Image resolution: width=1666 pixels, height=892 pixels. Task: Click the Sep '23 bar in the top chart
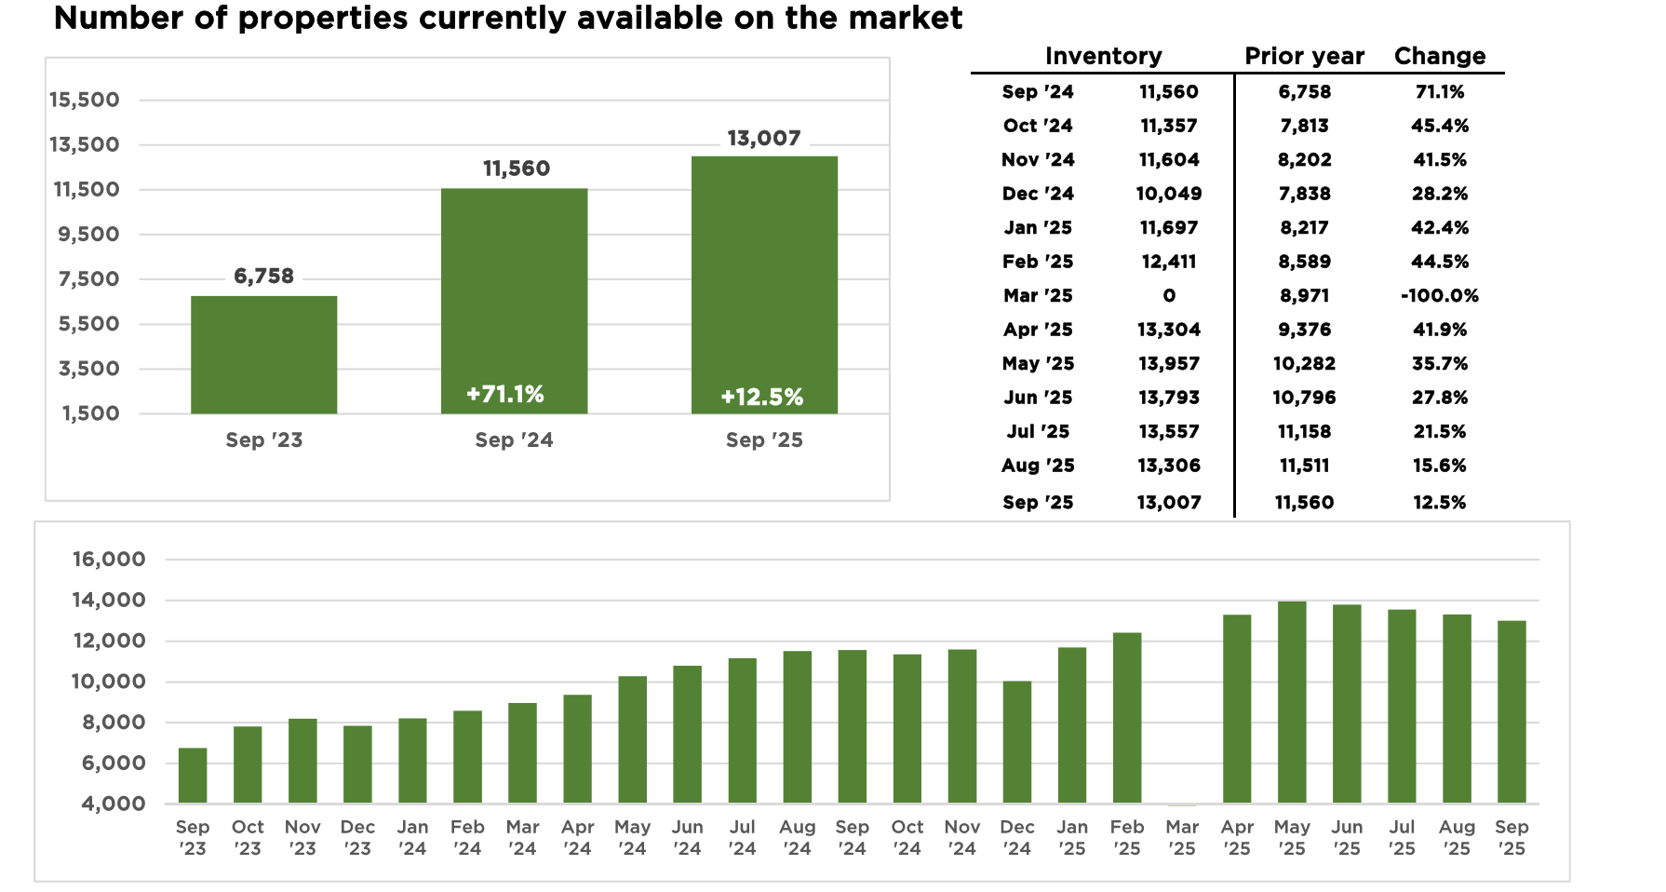[x=264, y=355]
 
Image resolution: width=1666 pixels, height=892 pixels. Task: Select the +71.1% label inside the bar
[x=505, y=394]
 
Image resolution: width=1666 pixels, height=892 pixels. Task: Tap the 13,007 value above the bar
[x=764, y=139]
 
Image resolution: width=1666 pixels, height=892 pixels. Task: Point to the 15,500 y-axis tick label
[x=85, y=100]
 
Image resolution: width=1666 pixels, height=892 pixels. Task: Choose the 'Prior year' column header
[x=1304, y=56]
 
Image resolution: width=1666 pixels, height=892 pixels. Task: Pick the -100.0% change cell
[x=1439, y=296]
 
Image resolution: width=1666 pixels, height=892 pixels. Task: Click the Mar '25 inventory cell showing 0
[x=1169, y=296]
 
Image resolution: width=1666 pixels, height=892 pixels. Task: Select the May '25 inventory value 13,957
[x=1169, y=364]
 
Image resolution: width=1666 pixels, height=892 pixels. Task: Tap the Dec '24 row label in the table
[x=1038, y=194]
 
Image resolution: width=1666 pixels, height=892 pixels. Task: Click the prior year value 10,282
[x=1304, y=364]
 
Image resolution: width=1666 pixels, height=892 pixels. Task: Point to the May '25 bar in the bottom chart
[x=1292, y=702]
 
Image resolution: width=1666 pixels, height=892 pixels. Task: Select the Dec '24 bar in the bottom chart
[x=1017, y=742]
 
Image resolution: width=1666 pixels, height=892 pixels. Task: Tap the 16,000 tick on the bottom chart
[x=109, y=560]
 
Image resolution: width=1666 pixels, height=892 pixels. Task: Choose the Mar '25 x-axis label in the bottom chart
[x=1182, y=837]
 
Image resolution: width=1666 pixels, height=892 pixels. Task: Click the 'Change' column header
[x=1439, y=56]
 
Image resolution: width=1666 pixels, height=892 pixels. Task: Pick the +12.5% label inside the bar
[x=762, y=398]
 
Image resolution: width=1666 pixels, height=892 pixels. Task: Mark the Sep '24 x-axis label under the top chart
[x=514, y=440]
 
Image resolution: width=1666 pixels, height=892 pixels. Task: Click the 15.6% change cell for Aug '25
[x=1439, y=466]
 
